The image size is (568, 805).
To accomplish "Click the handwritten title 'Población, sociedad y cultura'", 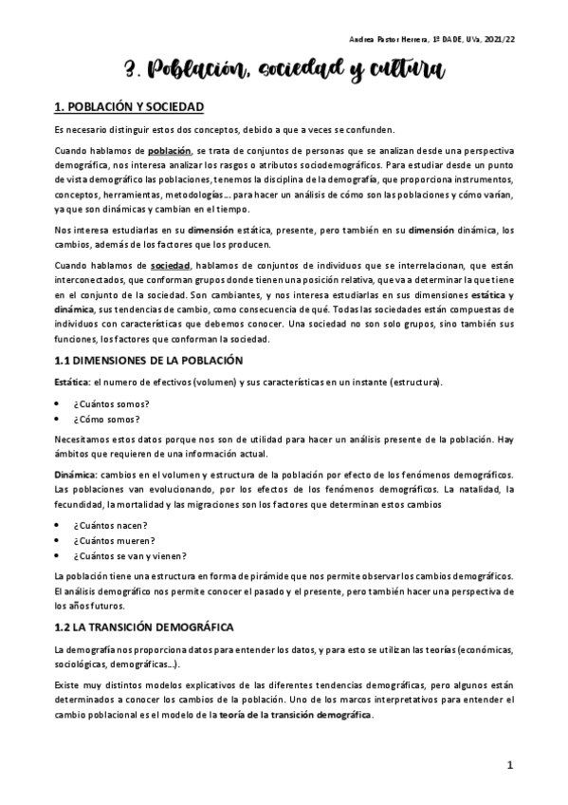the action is (x=284, y=68).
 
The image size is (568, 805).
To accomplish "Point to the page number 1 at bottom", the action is (x=509, y=765).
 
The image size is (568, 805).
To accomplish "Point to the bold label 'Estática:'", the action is (x=73, y=382).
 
